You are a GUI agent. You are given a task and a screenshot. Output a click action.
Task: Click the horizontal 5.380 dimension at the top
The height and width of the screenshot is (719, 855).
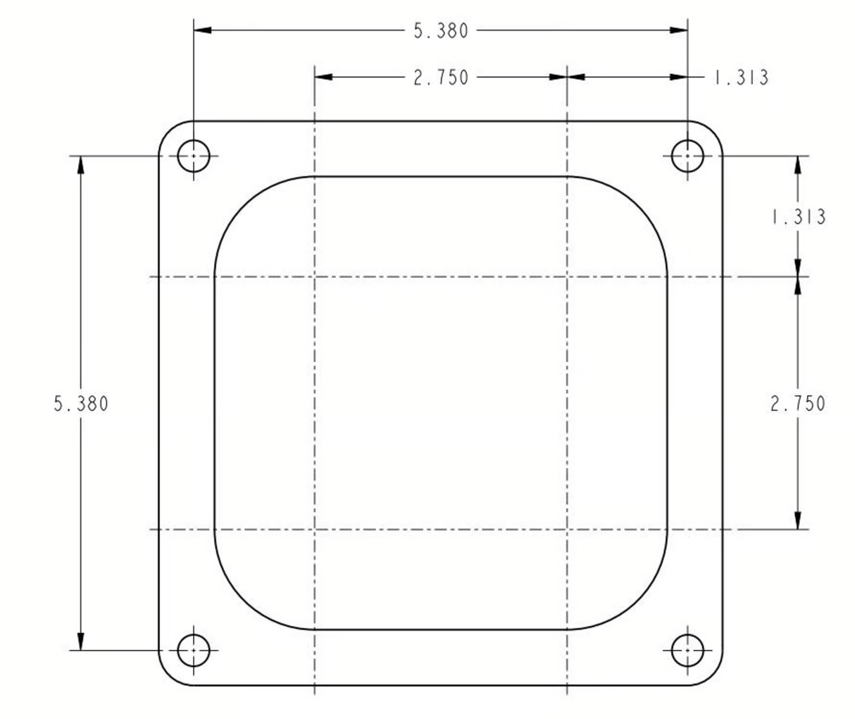point(441,31)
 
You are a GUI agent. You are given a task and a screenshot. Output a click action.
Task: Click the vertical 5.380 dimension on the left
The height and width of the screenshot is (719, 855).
point(81,404)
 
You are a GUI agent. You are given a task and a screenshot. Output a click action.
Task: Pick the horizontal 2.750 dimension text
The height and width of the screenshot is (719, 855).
point(441,78)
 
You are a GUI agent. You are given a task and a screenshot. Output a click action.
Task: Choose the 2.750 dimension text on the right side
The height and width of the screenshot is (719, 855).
point(798,404)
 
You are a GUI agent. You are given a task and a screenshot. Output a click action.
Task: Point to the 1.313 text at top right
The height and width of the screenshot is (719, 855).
point(741,78)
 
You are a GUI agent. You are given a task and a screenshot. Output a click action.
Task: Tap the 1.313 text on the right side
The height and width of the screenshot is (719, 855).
point(799,217)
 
